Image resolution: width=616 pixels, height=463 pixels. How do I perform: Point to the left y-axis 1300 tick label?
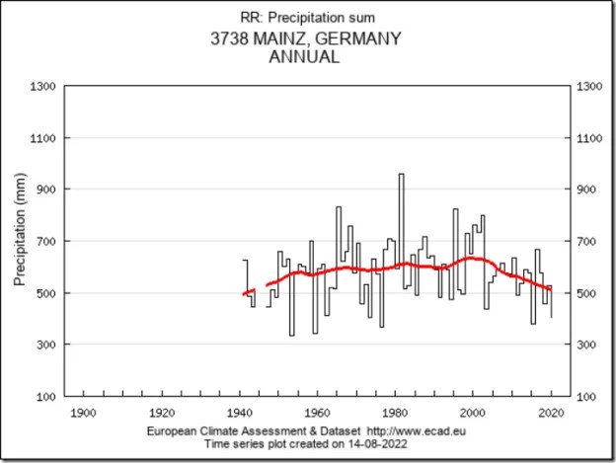click(42, 86)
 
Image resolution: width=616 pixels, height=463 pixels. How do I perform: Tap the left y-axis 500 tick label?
click(45, 293)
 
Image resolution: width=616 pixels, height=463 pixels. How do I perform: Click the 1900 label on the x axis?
click(82, 412)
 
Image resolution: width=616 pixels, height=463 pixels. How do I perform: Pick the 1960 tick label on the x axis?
click(317, 412)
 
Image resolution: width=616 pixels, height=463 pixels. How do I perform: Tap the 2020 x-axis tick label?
click(552, 412)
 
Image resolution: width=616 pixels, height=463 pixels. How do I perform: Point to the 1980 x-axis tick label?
click(396, 412)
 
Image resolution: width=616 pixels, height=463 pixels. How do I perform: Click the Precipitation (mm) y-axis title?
click(20, 241)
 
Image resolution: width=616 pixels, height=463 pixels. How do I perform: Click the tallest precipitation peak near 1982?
click(401, 176)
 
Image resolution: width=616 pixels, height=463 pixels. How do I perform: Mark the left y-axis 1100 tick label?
click(42, 137)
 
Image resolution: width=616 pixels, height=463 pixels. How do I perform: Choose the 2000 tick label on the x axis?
click(474, 412)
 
